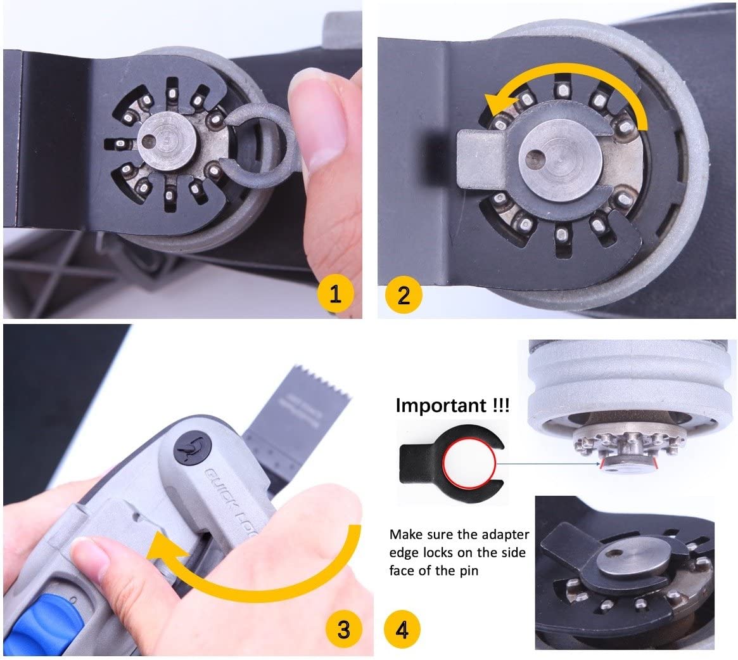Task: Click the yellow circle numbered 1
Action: (336, 294)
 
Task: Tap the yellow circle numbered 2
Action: (404, 294)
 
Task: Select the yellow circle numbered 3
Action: (343, 630)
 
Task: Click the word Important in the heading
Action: (440, 406)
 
